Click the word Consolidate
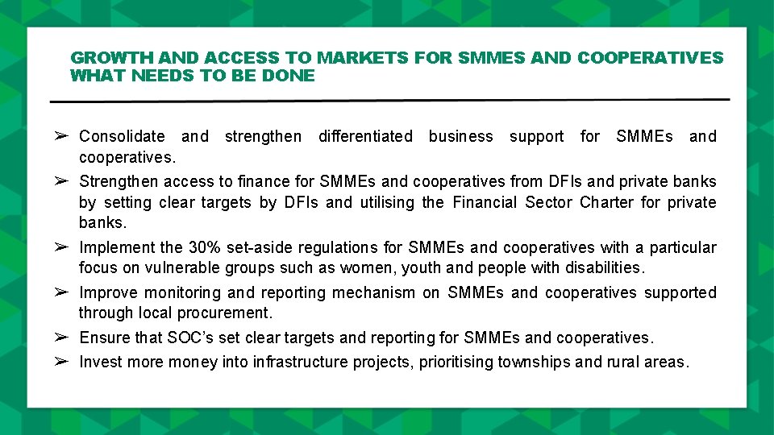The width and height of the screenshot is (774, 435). point(122,136)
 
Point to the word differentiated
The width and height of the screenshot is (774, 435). point(365,136)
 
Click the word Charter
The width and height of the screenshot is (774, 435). point(607,202)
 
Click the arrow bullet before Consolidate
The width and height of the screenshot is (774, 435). point(60,136)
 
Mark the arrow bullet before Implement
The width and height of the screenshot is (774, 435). point(60,247)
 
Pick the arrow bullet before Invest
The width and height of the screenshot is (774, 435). point(60,362)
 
